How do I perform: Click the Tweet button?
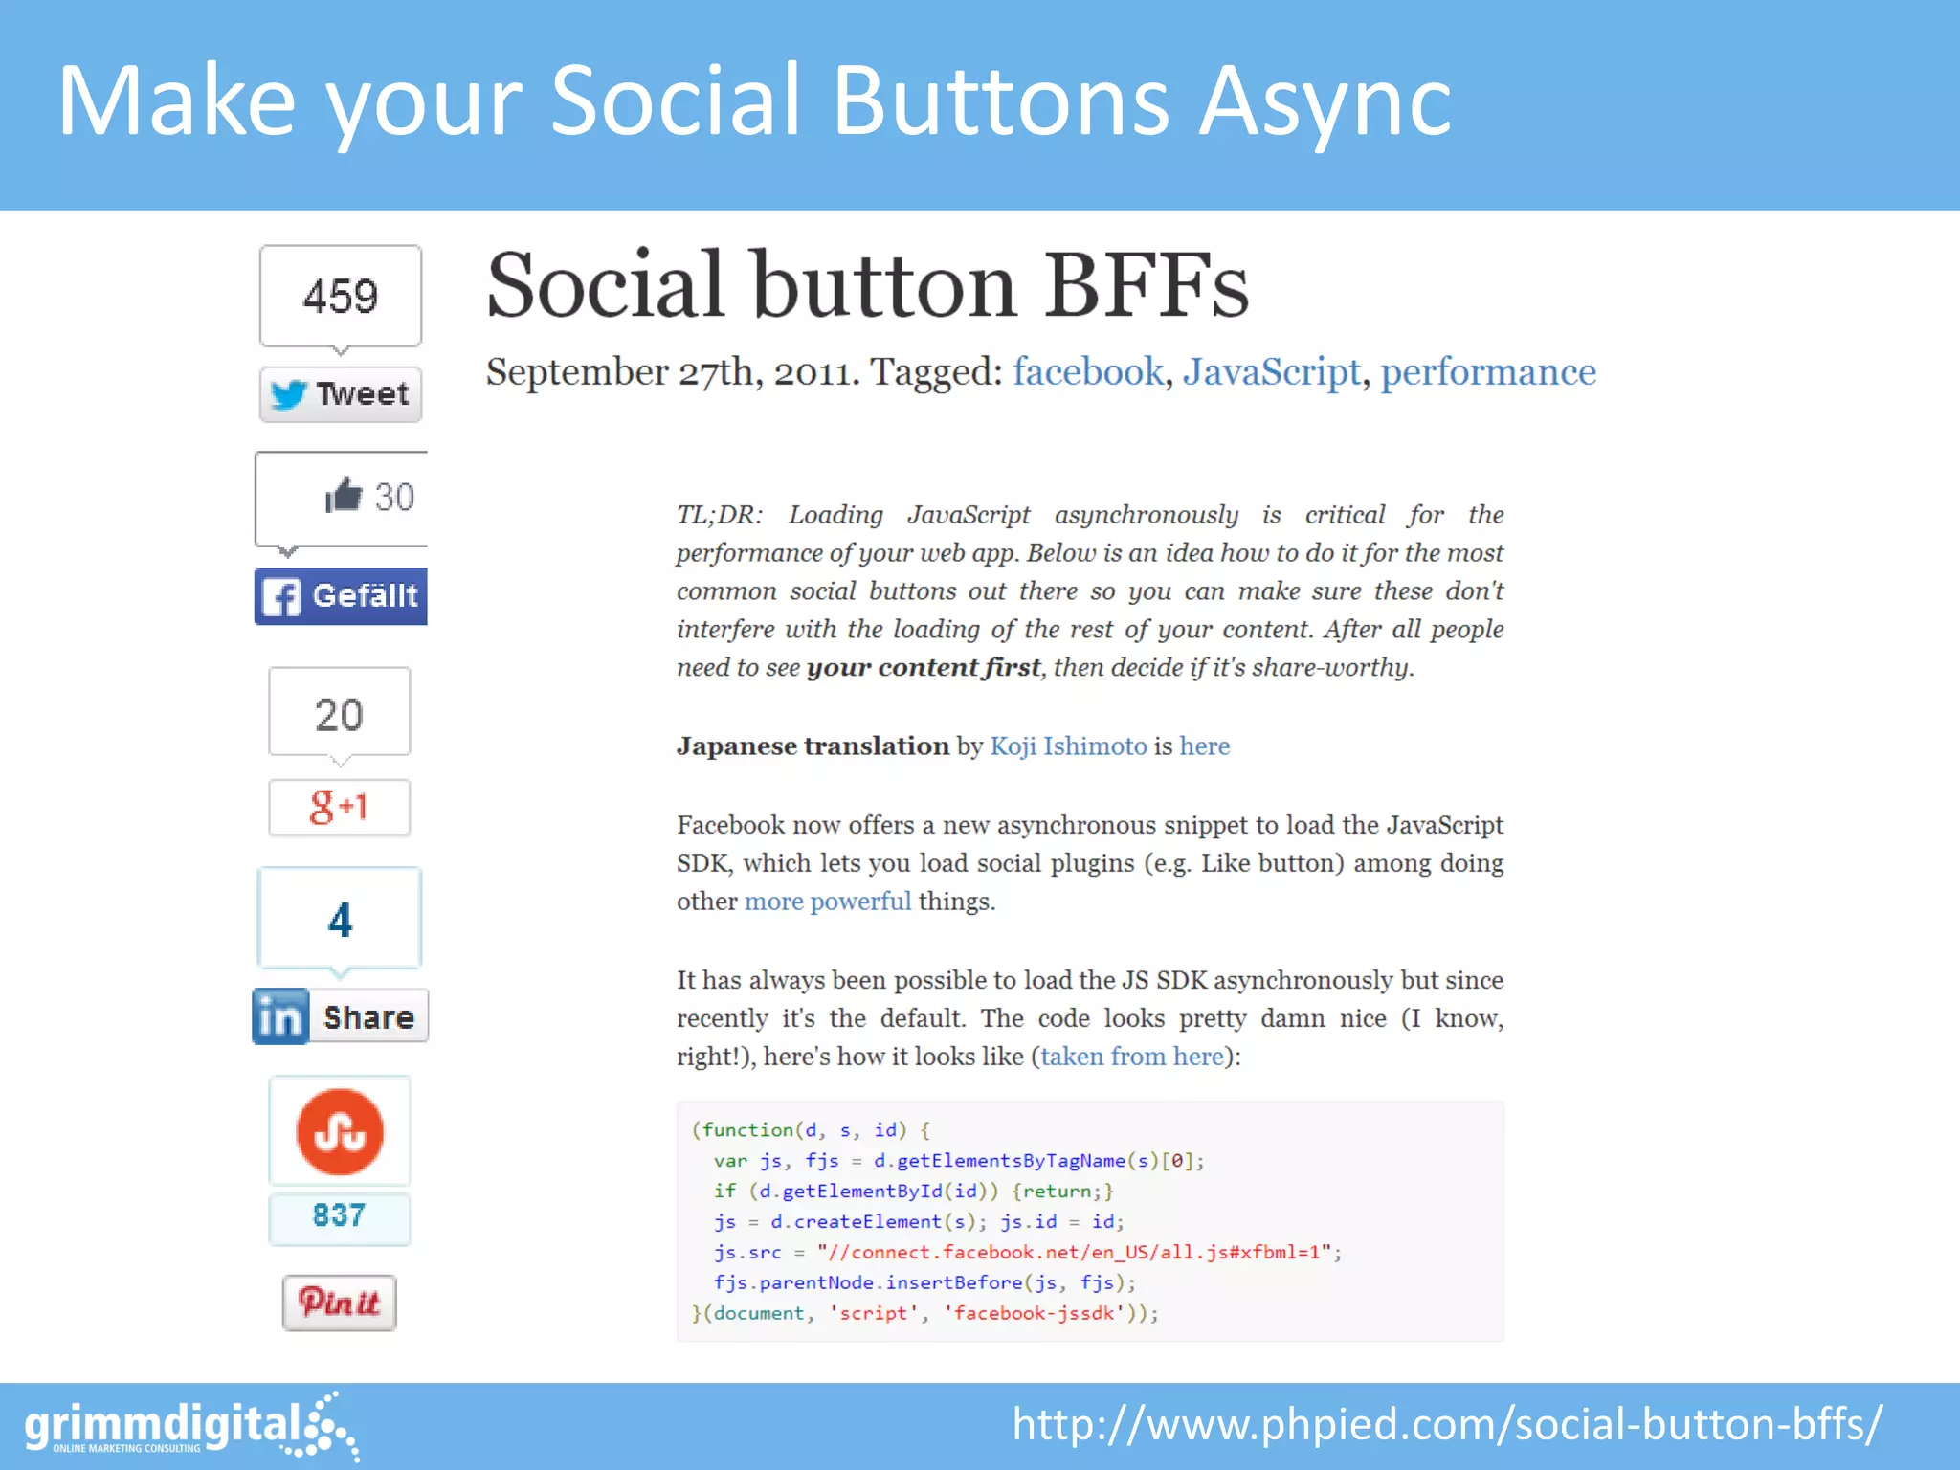pyautogui.click(x=341, y=394)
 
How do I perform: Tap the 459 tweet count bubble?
pyautogui.click(x=341, y=296)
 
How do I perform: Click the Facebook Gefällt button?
pyautogui.click(x=341, y=596)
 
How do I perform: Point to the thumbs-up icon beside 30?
pyautogui.click(x=344, y=495)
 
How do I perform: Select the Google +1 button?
pyautogui.click(x=340, y=807)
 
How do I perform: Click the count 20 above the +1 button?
pyautogui.click(x=340, y=714)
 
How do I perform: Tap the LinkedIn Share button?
pyautogui.click(x=341, y=1016)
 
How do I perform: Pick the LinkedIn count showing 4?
pyautogui.click(x=340, y=919)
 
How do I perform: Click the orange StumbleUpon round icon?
pyautogui.click(x=340, y=1132)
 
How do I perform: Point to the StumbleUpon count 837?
pyautogui.click(x=340, y=1215)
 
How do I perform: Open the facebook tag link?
pyautogui.click(x=1088, y=371)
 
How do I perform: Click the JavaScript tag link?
pyautogui.click(x=1271, y=371)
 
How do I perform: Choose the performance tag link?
pyautogui.click(x=1488, y=371)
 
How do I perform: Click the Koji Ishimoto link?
pyautogui.click(x=1068, y=746)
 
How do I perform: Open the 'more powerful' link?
pyautogui.click(x=828, y=902)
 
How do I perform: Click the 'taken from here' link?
pyautogui.click(x=1132, y=1057)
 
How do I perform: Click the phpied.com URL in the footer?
pyautogui.click(x=1447, y=1424)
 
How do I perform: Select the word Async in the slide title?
pyautogui.click(x=1325, y=101)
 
